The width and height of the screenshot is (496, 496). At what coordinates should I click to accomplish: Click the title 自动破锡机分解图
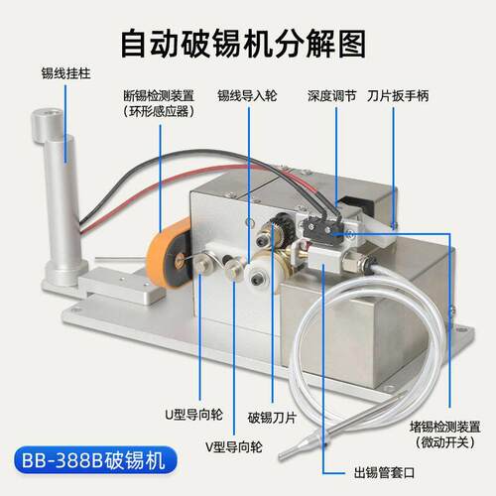coord(244,44)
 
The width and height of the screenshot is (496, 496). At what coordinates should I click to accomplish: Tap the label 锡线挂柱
coord(65,73)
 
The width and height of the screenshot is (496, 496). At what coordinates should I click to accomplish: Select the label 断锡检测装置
coord(159,96)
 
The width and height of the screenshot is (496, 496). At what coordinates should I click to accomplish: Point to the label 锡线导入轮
coord(247,96)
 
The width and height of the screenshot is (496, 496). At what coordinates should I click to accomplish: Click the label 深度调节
coord(331,96)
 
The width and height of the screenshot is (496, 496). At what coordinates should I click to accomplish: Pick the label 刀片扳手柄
coord(398,96)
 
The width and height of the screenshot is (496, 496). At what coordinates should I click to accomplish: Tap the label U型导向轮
coord(193,415)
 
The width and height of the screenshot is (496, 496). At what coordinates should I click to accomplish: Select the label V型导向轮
coord(234,446)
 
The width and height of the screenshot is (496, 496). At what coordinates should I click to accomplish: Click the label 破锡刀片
coord(272,418)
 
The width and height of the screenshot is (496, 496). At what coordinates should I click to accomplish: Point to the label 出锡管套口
coord(384,472)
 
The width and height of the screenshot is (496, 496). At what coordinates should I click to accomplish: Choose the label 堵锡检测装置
coord(445,427)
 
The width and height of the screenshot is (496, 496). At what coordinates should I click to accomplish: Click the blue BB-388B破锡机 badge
coord(95,460)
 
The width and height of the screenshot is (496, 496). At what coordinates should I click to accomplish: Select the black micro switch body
coord(323,228)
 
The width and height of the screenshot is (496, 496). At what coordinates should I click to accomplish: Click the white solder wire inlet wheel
coord(257,277)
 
